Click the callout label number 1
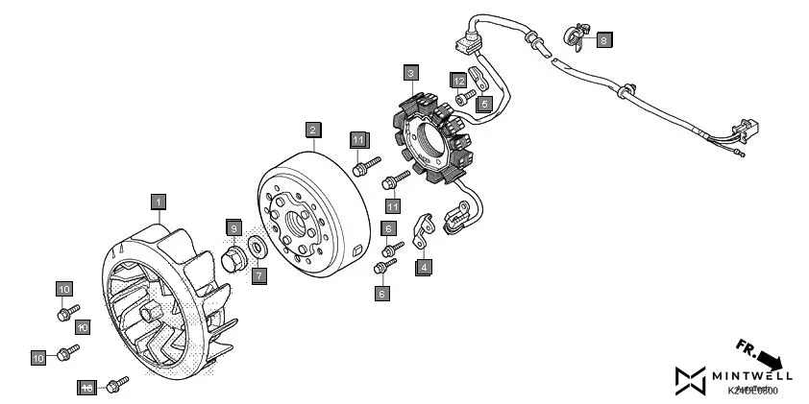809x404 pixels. (x=158, y=202)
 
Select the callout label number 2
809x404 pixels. (x=312, y=128)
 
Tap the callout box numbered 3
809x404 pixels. (x=410, y=72)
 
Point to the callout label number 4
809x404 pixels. (x=423, y=268)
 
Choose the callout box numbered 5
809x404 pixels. (x=484, y=102)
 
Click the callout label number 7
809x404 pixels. (x=258, y=274)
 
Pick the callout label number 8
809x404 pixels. (x=602, y=39)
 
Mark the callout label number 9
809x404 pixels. (x=233, y=227)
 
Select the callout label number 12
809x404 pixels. (x=459, y=80)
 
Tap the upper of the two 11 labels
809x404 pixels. (x=357, y=139)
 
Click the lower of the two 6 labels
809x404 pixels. (x=381, y=293)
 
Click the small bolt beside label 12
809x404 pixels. (x=466, y=97)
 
